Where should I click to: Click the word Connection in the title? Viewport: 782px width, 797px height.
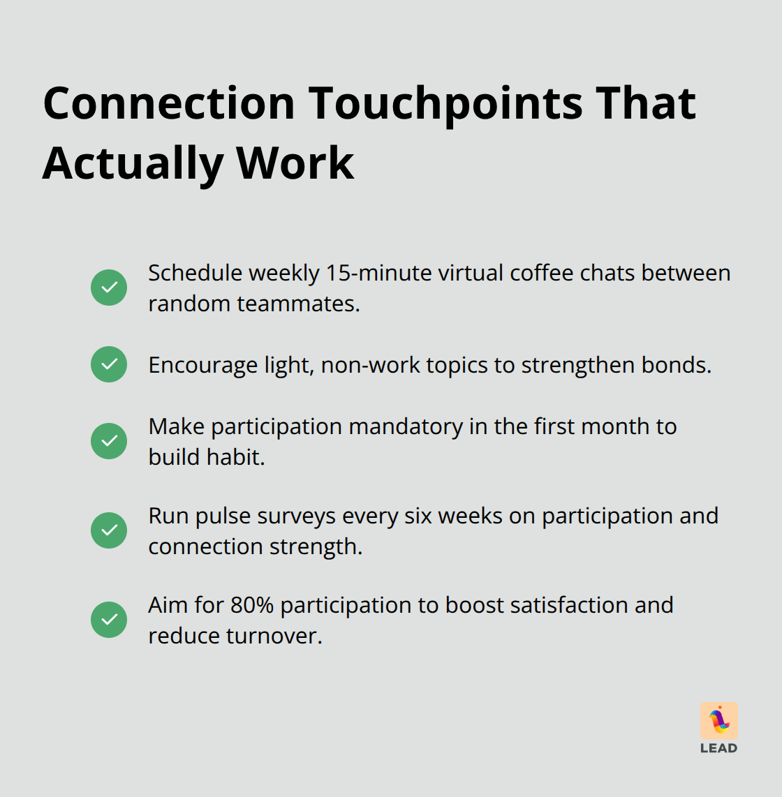click(x=170, y=103)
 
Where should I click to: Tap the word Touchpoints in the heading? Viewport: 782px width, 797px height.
click(x=446, y=103)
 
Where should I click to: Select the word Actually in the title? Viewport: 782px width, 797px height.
click(x=133, y=163)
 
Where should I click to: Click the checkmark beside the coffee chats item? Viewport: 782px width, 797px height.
click(x=109, y=288)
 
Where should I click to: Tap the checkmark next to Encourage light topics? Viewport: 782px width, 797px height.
click(x=109, y=364)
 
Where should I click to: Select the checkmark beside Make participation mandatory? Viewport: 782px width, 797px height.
click(x=109, y=441)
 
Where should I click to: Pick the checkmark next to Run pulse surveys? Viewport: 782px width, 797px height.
click(x=109, y=530)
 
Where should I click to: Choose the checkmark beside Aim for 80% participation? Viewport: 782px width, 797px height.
click(x=109, y=620)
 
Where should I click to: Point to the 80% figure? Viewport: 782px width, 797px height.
click(x=251, y=605)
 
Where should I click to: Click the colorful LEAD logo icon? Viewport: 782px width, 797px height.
click(x=718, y=720)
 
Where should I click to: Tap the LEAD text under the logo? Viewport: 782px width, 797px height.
click(x=718, y=748)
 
